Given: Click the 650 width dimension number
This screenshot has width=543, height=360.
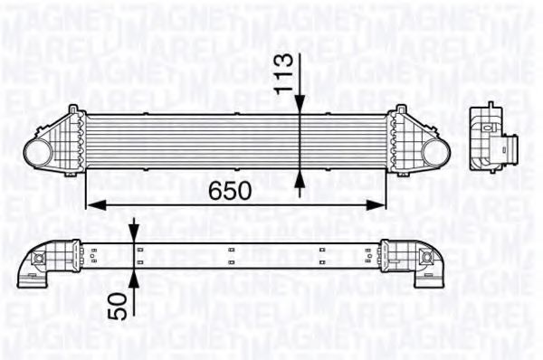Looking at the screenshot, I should (230, 192).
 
